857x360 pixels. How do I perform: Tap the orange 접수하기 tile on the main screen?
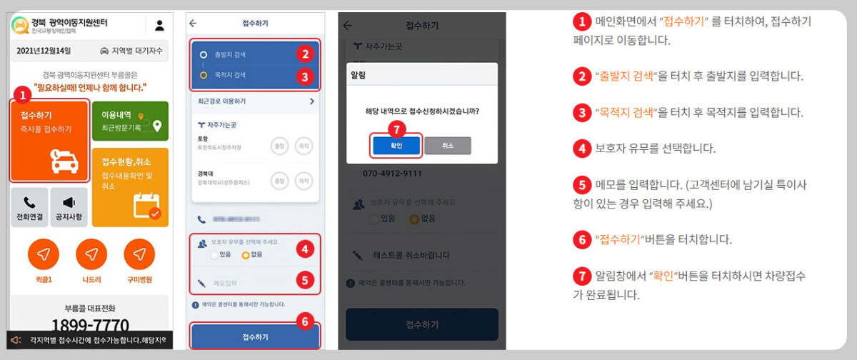(x=49, y=140)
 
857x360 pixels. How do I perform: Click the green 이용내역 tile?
(x=130, y=121)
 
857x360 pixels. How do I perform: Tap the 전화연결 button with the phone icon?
(x=29, y=208)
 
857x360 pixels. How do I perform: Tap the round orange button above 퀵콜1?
(x=44, y=254)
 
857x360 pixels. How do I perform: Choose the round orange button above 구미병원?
(x=139, y=254)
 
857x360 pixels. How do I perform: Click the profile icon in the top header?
(x=159, y=26)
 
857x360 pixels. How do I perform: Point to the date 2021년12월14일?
(x=44, y=51)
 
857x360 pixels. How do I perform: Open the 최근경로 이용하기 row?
(x=255, y=102)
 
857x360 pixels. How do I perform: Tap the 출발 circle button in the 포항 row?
(x=280, y=146)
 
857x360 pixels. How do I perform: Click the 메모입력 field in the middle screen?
(x=243, y=281)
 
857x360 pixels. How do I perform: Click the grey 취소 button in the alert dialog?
(x=447, y=145)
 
